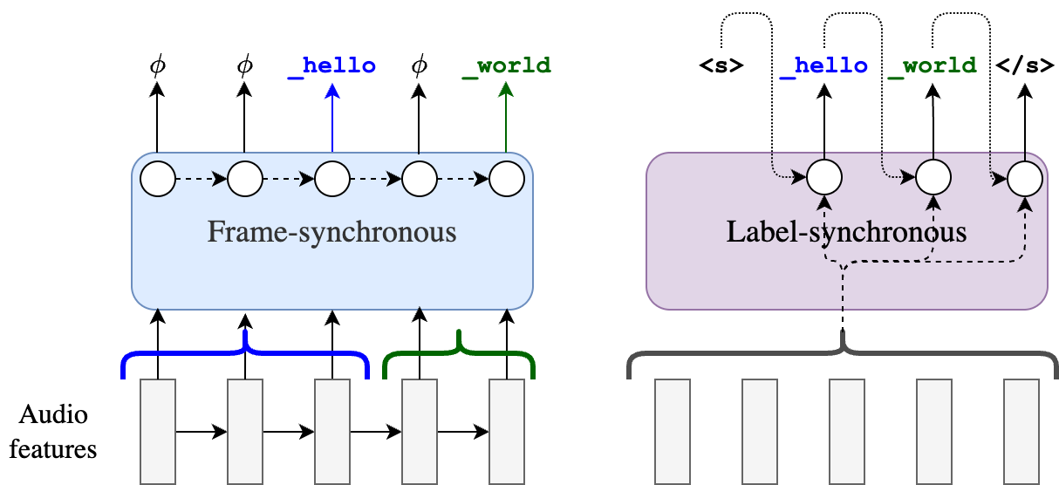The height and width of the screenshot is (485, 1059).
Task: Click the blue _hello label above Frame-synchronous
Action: pyautogui.click(x=332, y=65)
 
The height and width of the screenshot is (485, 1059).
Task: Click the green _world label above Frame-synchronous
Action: pyautogui.click(x=507, y=65)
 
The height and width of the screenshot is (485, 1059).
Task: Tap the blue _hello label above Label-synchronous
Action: pyautogui.click(x=824, y=65)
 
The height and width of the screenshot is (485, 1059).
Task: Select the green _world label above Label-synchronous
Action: pyautogui.click(x=933, y=65)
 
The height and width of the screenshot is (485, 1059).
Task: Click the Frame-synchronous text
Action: pyautogui.click(x=331, y=233)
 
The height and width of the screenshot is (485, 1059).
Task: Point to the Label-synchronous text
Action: pyautogui.click(x=846, y=233)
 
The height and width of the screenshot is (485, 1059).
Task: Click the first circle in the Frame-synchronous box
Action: pyautogui.click(x=158, y=179)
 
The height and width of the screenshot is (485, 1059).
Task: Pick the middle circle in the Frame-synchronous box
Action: pyautogui.click(x=332, y=179)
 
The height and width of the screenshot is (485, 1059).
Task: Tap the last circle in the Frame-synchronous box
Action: pyautogui.click(x=507, y=179)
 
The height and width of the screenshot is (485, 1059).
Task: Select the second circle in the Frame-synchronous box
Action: pyautogui.click(x=245, y=179)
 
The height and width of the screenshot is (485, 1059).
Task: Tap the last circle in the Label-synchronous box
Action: pyautogui.click(x=1025, y=180)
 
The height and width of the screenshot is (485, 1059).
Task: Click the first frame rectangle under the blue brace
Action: pyautogui.click(x=158, y=431)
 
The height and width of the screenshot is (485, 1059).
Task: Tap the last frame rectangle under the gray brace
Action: pyautogui.click(x=1021, y=431)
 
